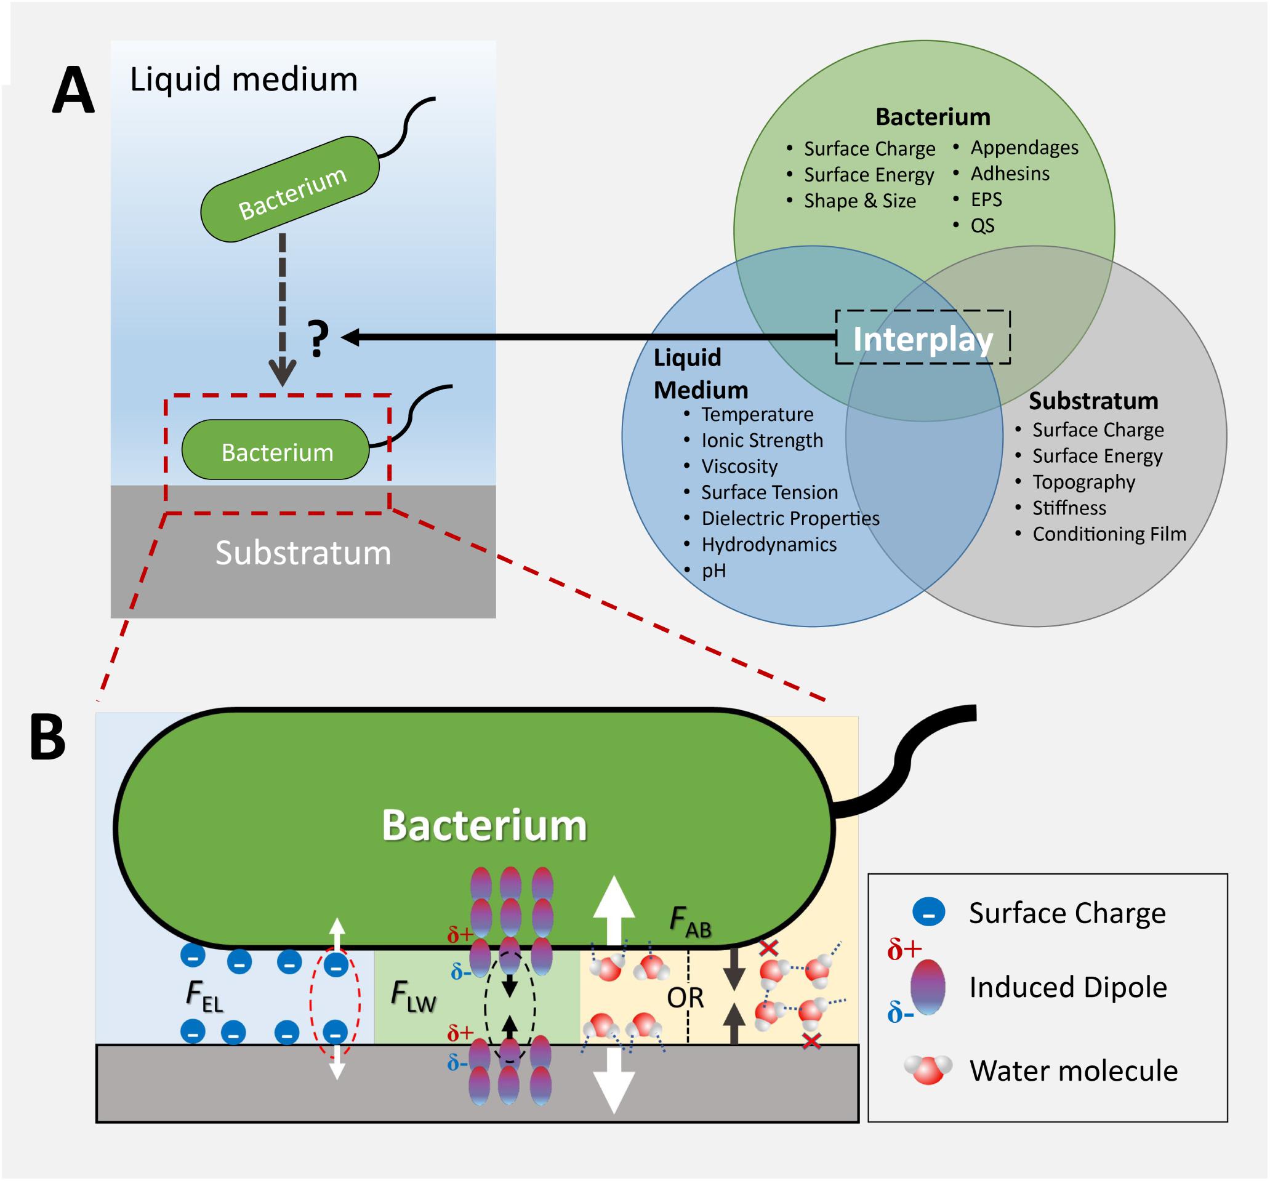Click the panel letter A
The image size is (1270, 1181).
tap(73, 90)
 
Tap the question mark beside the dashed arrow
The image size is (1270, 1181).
tap(319, 338)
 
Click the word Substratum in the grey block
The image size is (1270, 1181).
tap(303, 553)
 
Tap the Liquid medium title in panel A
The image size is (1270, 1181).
tap(243, 79)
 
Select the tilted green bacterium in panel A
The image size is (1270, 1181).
tap(290, 189)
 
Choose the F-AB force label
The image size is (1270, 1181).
tap(691, 922)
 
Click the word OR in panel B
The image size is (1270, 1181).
tap(685, 997)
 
